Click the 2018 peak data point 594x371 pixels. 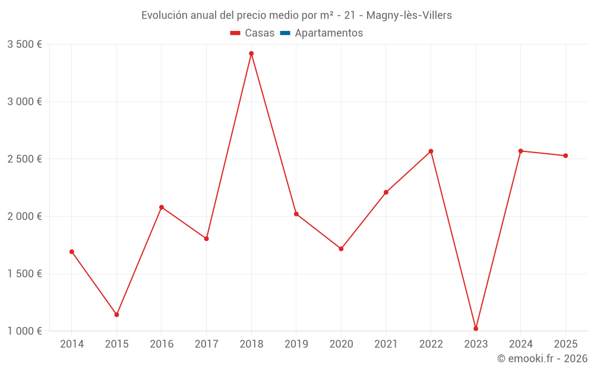pyautogui.click(x=251, y=53)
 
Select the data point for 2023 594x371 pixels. pyautogui.click(x=476, y=328)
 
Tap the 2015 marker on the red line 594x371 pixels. pyautogui.click(x=116, y=315)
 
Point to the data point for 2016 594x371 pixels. pyautogui.click(x=162, y=207)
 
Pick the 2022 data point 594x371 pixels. pyautogui.click(x=431, y=151)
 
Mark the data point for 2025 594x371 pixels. pyautogui.click(x=565, y=156)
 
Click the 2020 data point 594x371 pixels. pyautogui.click(x=341, y=249)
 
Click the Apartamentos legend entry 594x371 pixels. pyautogui.click(x=328, y=33)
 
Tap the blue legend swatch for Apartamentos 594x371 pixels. pyautogui.click(x=285, y=33)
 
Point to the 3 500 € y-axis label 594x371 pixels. pyautogui.click(x=24, y=45)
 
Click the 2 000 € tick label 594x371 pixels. pyautogui.click(x=24, y=217)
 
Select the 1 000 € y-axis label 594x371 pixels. pyautogui.click(x=24, y=331)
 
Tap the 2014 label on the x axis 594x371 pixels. pyautogui.click(x=72, y=344)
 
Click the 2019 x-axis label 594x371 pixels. pyautogui.click(x=296, y=344)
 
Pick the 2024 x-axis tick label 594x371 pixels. pyautogui.click(x=521, y=344)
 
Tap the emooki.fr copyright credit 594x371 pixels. pyautogui.click(x=542, y=359)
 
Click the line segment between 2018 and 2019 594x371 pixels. pyautogui.click(x=274, y=134)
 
